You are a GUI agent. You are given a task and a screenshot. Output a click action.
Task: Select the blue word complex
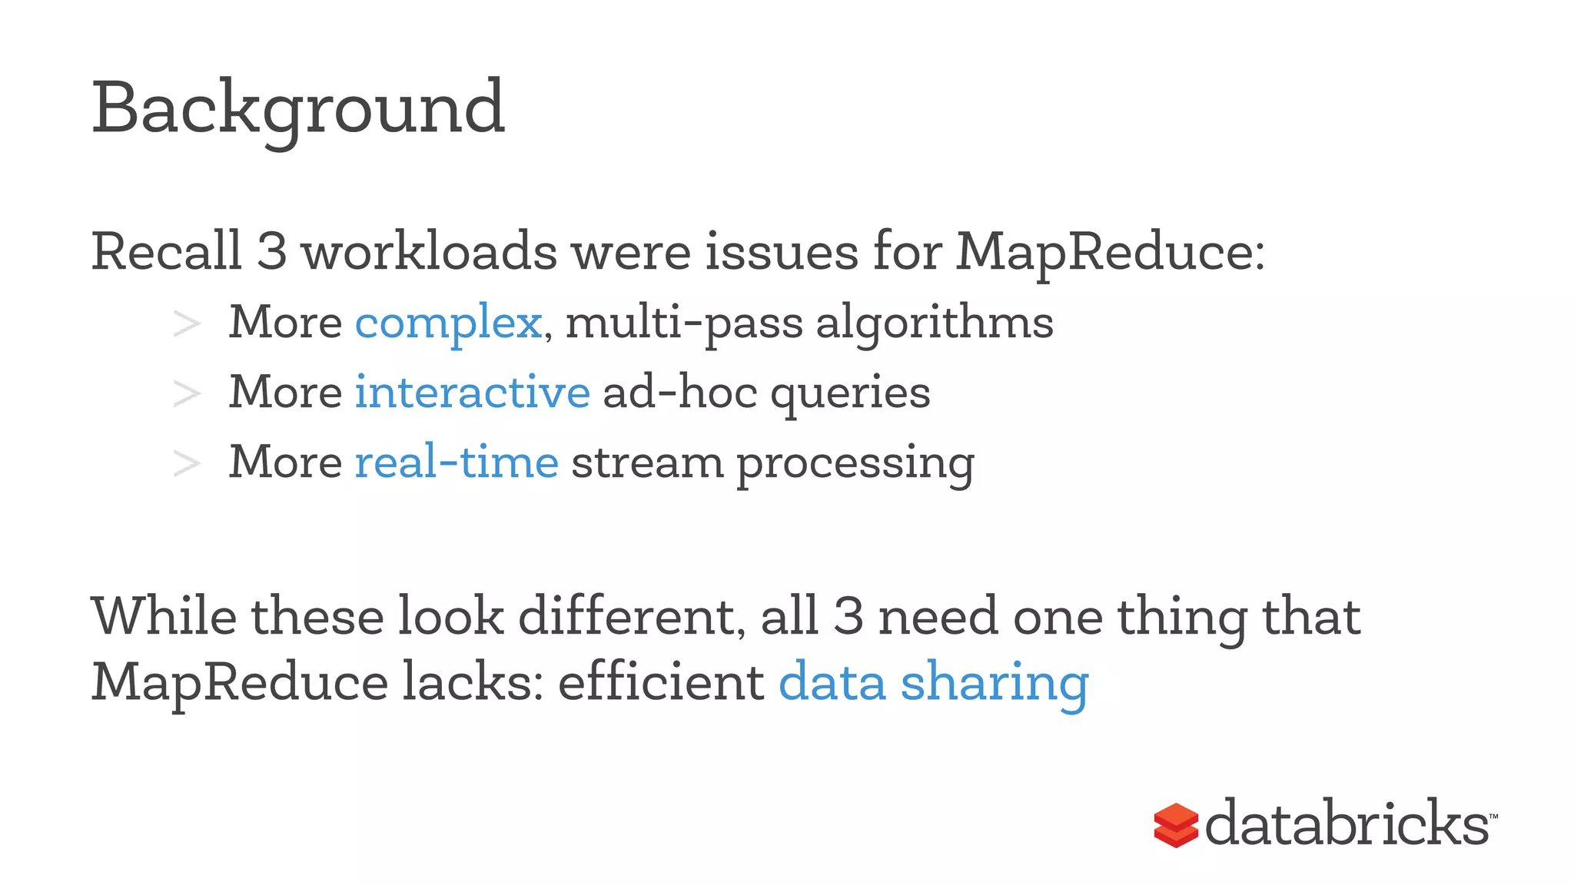[x=448, y=323]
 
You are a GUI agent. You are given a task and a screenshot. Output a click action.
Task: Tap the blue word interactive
[x=472, y=392]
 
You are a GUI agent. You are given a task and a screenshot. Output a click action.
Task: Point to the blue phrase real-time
[x=457, y=462]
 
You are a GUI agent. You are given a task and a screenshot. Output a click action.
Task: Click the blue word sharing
[x=995, y=682]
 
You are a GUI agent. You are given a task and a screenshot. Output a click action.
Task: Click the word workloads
[x=429, y=251]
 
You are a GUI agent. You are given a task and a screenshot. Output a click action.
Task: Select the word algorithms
[x=934, y=323]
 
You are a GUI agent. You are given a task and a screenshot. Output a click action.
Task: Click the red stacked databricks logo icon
[x=1176, y=825]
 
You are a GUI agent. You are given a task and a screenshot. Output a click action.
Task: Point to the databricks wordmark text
[x=1347, y=824]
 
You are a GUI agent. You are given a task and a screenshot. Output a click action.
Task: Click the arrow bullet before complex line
[x=187, y=324]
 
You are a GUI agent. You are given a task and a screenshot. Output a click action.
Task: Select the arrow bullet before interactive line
[x=187, y=393]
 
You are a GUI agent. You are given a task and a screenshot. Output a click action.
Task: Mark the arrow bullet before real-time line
[x=187, y=463]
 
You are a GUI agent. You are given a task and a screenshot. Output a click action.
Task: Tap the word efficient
[x=661, y=682]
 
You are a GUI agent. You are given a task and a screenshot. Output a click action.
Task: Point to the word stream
[x=647, y=463]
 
